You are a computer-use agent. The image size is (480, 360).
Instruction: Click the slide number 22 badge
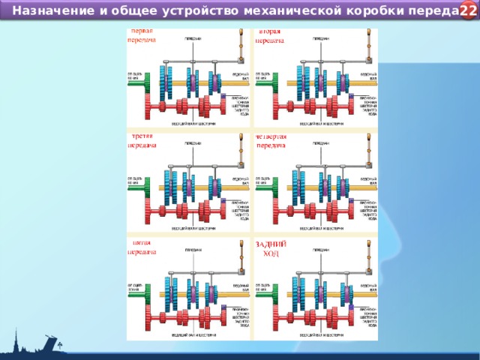(x=468, y=10)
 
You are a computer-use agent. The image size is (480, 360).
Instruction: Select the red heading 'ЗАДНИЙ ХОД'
(x=271, y=248)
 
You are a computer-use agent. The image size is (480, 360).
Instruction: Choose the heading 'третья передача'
(x=142, y=141)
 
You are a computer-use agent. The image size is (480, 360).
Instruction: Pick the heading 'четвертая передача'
(x=272, y=141)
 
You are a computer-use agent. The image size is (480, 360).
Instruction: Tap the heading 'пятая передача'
(x=142, y=247)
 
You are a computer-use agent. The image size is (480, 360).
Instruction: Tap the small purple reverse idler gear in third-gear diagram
(x=223, y=201)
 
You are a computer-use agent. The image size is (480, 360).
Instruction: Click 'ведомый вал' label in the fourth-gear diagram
(x=368, y=181)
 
